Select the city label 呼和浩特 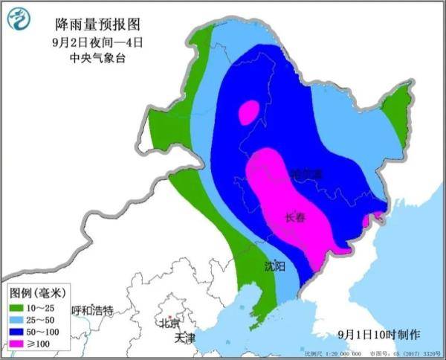tap(91, 310)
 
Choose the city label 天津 tap(185, 338)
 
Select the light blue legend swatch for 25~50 tap(19, 318)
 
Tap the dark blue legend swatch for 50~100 tap(19, 332)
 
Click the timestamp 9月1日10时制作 tap(378, 334)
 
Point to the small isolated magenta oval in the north tap(249, 112)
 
